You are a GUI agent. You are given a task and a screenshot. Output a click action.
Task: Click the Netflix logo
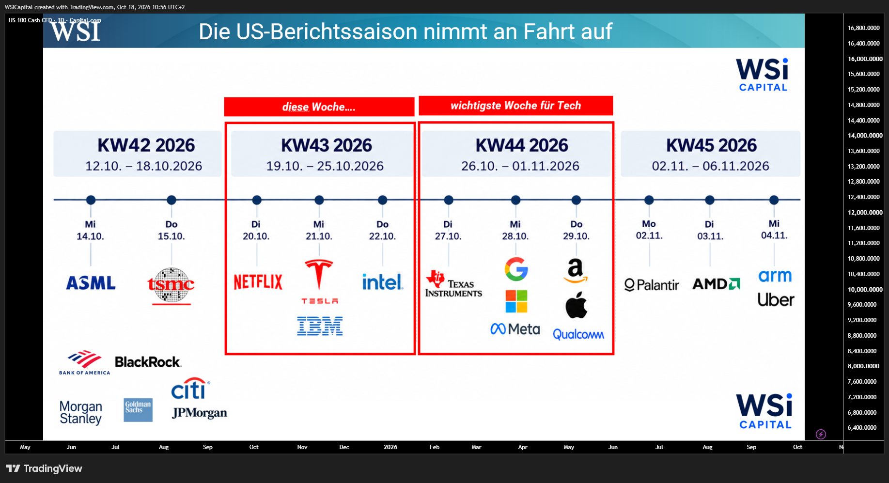tap(258, 281)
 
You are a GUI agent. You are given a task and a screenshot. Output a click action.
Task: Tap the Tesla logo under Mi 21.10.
tap(319, 281)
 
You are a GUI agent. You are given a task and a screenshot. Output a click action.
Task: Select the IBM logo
tap(320, 326)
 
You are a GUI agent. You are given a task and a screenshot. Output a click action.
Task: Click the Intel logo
tap(383, 281)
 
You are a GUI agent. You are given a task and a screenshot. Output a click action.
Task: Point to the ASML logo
tap(91, 283)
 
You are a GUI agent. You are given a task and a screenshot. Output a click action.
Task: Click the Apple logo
tap(576, 305)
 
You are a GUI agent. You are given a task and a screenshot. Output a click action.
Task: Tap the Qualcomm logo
tap(578, 334)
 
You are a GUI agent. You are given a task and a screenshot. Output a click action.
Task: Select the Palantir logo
tap(652, 285)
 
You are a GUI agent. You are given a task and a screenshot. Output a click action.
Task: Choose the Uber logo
tap(776, 300)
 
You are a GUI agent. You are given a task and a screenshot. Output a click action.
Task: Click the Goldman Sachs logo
tap(138, 410)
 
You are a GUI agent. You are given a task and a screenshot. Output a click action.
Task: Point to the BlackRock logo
tap(148, 362)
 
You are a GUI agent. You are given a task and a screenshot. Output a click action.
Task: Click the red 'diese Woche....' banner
tap(319, 107)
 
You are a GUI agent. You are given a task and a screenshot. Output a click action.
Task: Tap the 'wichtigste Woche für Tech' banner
tap(516, 106)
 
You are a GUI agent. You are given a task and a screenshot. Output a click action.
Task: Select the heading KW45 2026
tap(711, 145)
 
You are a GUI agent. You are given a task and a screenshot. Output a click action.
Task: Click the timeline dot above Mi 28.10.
tap(515, 200)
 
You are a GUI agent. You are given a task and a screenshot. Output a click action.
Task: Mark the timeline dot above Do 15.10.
tap(171, 200)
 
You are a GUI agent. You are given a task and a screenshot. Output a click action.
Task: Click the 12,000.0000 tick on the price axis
tap(865, 212)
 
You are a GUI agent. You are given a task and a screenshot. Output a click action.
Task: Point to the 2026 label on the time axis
tap(390, 447)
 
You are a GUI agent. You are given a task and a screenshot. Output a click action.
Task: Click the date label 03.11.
tap(710, 236)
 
